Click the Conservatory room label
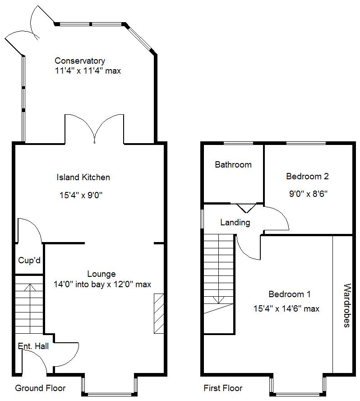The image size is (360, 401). pos(80,61)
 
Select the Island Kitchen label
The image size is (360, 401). pos(83,177)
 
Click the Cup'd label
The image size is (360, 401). pos(29,261)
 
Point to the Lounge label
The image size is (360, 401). pos(101,274)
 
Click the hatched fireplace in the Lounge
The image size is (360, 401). pos(159,313)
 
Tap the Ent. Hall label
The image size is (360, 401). pos(33,346)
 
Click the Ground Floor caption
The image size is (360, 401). pos(40,388)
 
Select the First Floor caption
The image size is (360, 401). pos(223,388)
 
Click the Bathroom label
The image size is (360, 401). pos(233,164)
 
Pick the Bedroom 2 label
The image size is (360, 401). pos(307,177)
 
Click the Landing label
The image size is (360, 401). pos(235,222)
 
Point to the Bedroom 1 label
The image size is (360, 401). pos(289,294)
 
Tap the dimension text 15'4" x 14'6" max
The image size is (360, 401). pos(286,309)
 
